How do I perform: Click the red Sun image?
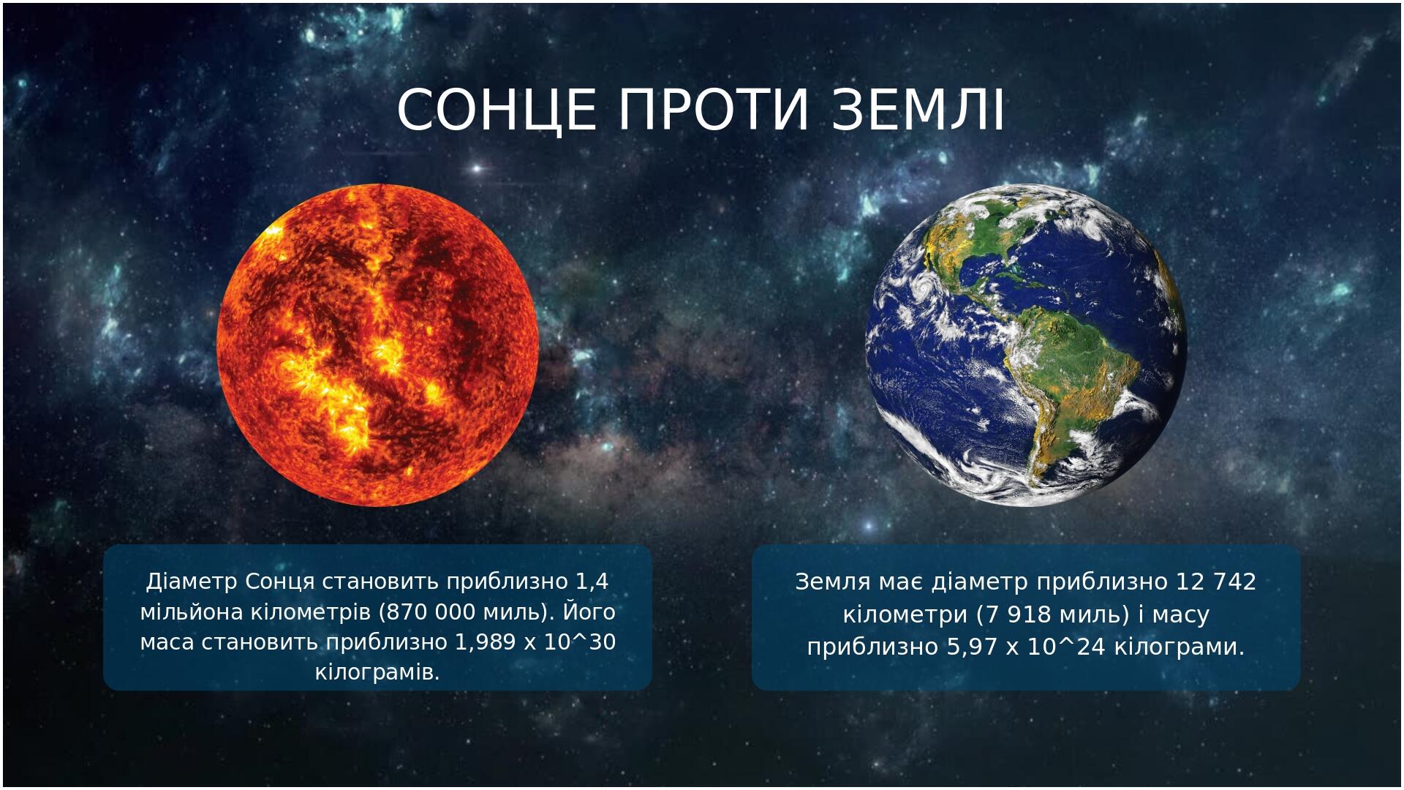pyautogui.click(x=378, y=345)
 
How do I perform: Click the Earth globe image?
pyautogui.click(x=1026, y=345)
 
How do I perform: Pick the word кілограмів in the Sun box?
pyautogui.click(x=377, y=672)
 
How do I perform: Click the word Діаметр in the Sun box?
pyautogui.click(x=192, y=582)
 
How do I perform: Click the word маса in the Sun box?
pyautogui.click(x=167, y=643)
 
